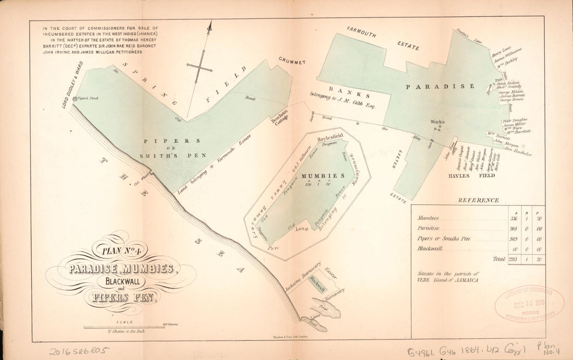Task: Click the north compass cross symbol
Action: pos(201,66)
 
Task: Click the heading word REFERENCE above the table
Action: pos(478,200)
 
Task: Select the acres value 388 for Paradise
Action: pos(513,228)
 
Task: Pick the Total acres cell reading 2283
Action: pos(513,259)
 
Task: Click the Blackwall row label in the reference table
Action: pos(430,249)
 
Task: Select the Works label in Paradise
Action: pos(437,122)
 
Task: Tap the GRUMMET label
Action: pos(291,61)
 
